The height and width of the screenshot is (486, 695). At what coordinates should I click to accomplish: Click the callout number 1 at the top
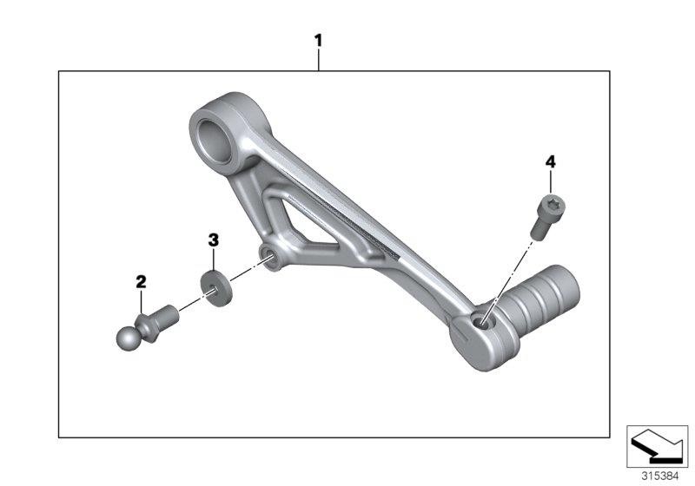pos(318,41)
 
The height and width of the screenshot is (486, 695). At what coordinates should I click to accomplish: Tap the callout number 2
pos(141,281)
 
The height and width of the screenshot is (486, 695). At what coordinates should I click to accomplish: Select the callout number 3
pos(214,240)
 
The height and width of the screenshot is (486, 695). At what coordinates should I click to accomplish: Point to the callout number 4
pos(550,162)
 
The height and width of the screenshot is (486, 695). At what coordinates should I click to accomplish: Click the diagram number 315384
pos(660,476)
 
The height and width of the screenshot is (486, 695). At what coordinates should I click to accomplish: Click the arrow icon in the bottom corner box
pos(657,446)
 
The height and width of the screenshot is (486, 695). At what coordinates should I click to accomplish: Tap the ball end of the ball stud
pos(128,338)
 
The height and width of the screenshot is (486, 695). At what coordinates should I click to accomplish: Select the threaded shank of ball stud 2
pos(170,314)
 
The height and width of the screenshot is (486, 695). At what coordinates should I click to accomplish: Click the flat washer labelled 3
pos(216,289)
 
